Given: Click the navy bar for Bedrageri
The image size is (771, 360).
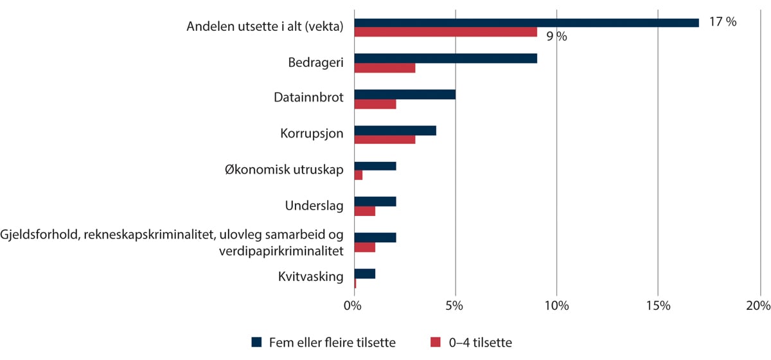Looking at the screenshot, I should click(445, 59).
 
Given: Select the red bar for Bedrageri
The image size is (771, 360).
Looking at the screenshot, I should click(384, 67).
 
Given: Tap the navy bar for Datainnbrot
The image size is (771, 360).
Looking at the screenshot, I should click(405, 94).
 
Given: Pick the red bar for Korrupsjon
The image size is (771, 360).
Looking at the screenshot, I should click(384, 139).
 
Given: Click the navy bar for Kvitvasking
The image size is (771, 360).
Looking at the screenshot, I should click(364, 274).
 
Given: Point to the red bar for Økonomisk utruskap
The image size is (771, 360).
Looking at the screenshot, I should click(358, 175).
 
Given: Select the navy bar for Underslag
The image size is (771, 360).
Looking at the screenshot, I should click(375, 202).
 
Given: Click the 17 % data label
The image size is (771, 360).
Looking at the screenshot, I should click(723, 22).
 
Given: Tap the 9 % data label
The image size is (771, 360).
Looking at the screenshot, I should click(556, 37).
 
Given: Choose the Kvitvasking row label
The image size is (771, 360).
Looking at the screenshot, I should click(310, 278).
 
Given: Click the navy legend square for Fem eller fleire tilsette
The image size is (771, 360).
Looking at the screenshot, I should click(256, 343).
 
